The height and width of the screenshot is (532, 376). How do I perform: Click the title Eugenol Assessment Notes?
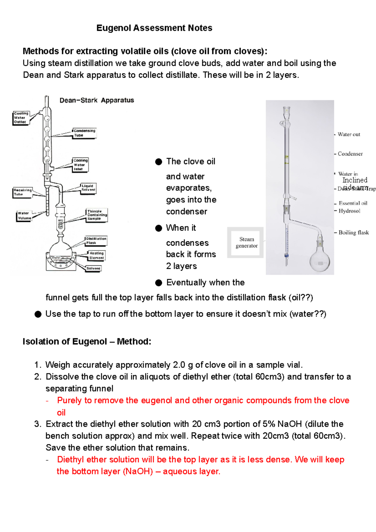(x=154, y=28)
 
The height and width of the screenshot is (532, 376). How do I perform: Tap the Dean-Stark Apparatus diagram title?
(x=97, y=100)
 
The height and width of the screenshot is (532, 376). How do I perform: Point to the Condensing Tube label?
(x=84, y=133)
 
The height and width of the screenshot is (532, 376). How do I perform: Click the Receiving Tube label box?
(x=23, y=192)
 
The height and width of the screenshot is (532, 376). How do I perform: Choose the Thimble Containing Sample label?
(x=97, y=215)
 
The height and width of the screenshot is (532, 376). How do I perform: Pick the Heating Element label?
(x=96, y=255)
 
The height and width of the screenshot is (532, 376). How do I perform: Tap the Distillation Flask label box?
(x=96, y=241)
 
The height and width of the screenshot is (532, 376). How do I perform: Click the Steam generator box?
(x=246, y=243)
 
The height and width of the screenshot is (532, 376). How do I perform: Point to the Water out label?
(x=349, y=134)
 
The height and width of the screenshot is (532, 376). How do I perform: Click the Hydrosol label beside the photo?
(x=349, y=211)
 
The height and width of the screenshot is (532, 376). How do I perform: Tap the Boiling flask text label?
(x=353, y=232)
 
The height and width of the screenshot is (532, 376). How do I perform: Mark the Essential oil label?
(x=353, y=203)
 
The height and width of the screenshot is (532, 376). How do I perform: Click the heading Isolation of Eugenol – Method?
(x=87, y=342)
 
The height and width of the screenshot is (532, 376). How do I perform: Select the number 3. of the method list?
(x=38, y=424)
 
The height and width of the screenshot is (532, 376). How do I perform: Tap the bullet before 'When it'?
(x=159, y=228)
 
